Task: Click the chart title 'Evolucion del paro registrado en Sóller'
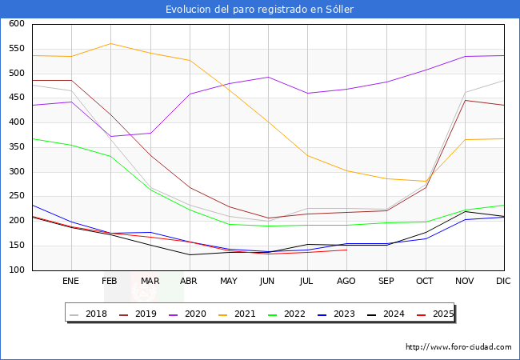click(x=260, y=9)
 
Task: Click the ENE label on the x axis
click(x=71, y=282)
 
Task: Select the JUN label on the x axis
click(x=268, y=282)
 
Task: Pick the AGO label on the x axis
click(x=346, y=282)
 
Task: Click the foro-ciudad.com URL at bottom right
click(x=458, y=347)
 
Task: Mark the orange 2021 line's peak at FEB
click(x=110, y=43)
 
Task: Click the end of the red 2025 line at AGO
click(x=346, y=250)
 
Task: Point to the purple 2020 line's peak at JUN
click(x=268, y=78)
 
